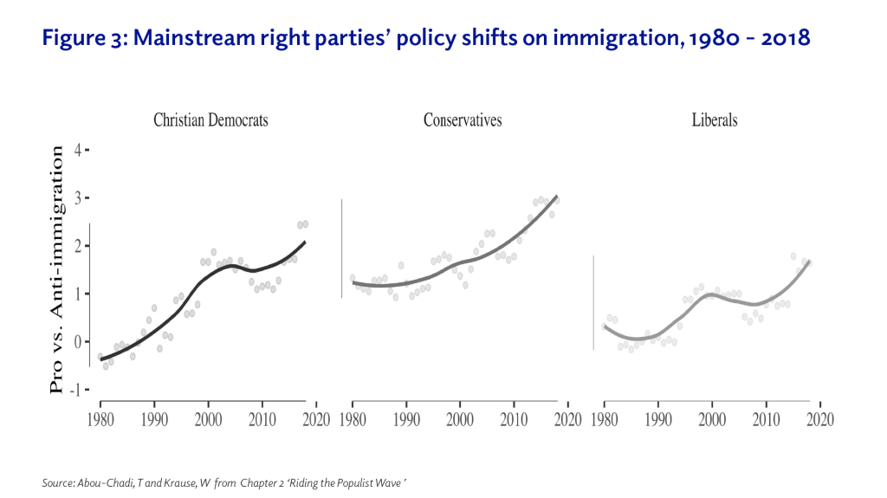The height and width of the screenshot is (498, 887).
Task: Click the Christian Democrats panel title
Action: (x=210, y=120)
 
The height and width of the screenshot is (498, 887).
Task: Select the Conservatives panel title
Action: (x=463, y=120)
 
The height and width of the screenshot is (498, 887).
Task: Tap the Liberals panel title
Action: (x=715, y=120)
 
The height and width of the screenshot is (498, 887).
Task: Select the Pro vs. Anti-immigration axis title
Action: (x=57, y=269)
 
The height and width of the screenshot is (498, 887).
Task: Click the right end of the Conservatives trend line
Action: (x=557, y=196)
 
